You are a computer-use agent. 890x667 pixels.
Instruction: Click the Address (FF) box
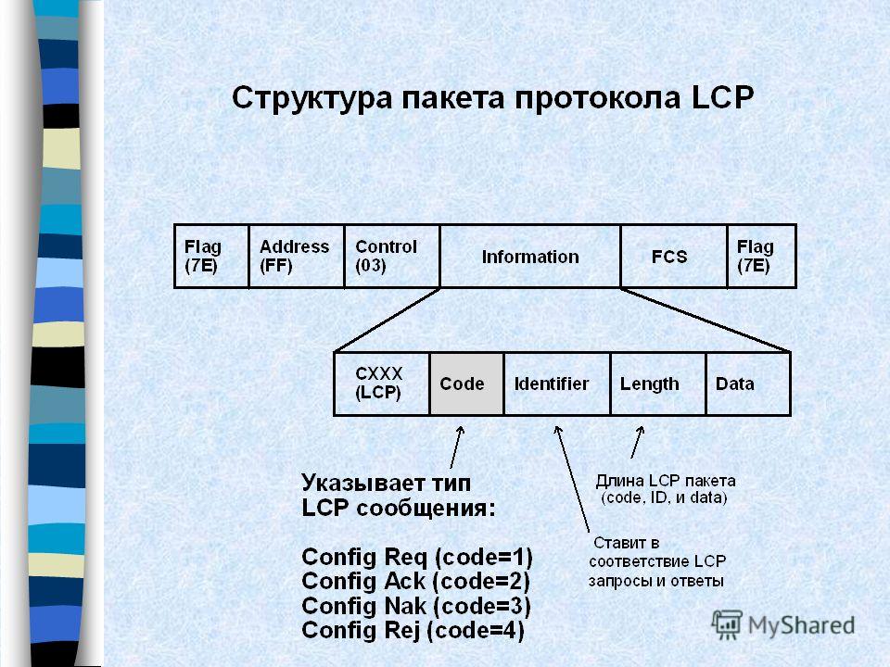coord(297,257)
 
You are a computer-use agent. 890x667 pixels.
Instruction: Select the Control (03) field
coord(392,257)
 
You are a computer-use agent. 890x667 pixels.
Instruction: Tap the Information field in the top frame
coord(530,257)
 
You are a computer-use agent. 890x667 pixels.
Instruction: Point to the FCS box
coord(674,257)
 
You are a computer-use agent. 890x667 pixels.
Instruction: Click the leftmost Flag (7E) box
coord(211,257)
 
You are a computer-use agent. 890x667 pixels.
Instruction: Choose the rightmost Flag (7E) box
coord(762,257)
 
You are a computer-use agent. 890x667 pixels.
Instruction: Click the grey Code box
coord(466,384)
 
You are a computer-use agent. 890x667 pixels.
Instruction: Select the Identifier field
coord(557,384)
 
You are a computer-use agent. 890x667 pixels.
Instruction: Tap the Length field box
coord(658,384)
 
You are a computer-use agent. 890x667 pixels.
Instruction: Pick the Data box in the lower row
coord(748,384)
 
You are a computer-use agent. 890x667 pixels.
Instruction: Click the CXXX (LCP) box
coord(381,384)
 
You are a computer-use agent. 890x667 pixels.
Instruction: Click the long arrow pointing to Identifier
coord(572,478)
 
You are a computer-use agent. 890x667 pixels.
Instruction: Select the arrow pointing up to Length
coord(638,443)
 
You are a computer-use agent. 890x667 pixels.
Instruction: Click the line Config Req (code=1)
coord(417,557)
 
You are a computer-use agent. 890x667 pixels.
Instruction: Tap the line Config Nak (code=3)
coord(416,606)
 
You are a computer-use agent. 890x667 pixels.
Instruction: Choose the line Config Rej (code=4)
coord(413,630)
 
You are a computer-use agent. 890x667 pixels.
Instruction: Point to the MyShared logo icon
coord(727,625)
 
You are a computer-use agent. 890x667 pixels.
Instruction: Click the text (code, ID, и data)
coord(664,498)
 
